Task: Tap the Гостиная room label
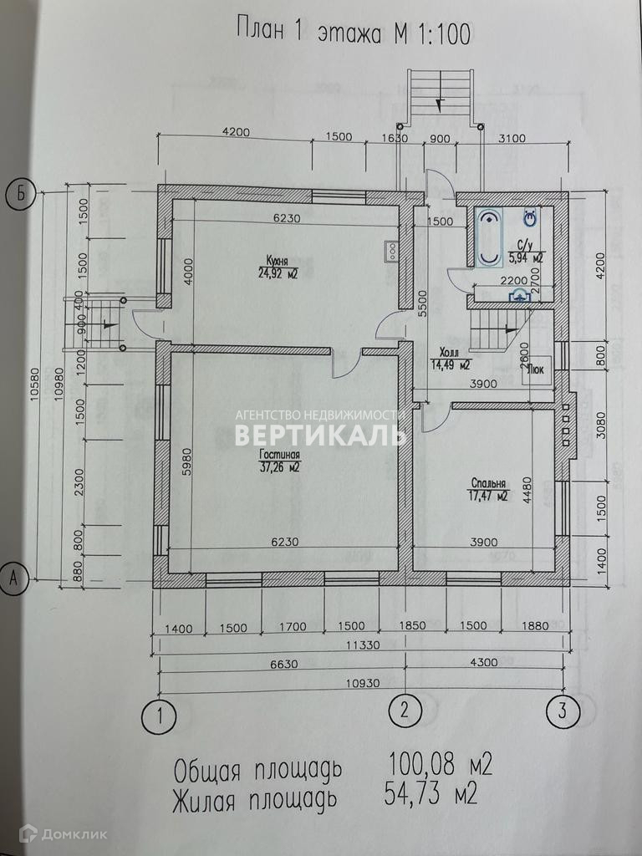pos(279,456)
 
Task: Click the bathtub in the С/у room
pos(487,237)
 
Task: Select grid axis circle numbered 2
pos(405,711)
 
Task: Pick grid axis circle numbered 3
pos(562,711)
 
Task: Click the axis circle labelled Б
pos(21,196)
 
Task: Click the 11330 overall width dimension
pos(359,645)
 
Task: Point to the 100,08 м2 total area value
pos(440,764)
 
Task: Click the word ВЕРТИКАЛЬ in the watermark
pos(319,436)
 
